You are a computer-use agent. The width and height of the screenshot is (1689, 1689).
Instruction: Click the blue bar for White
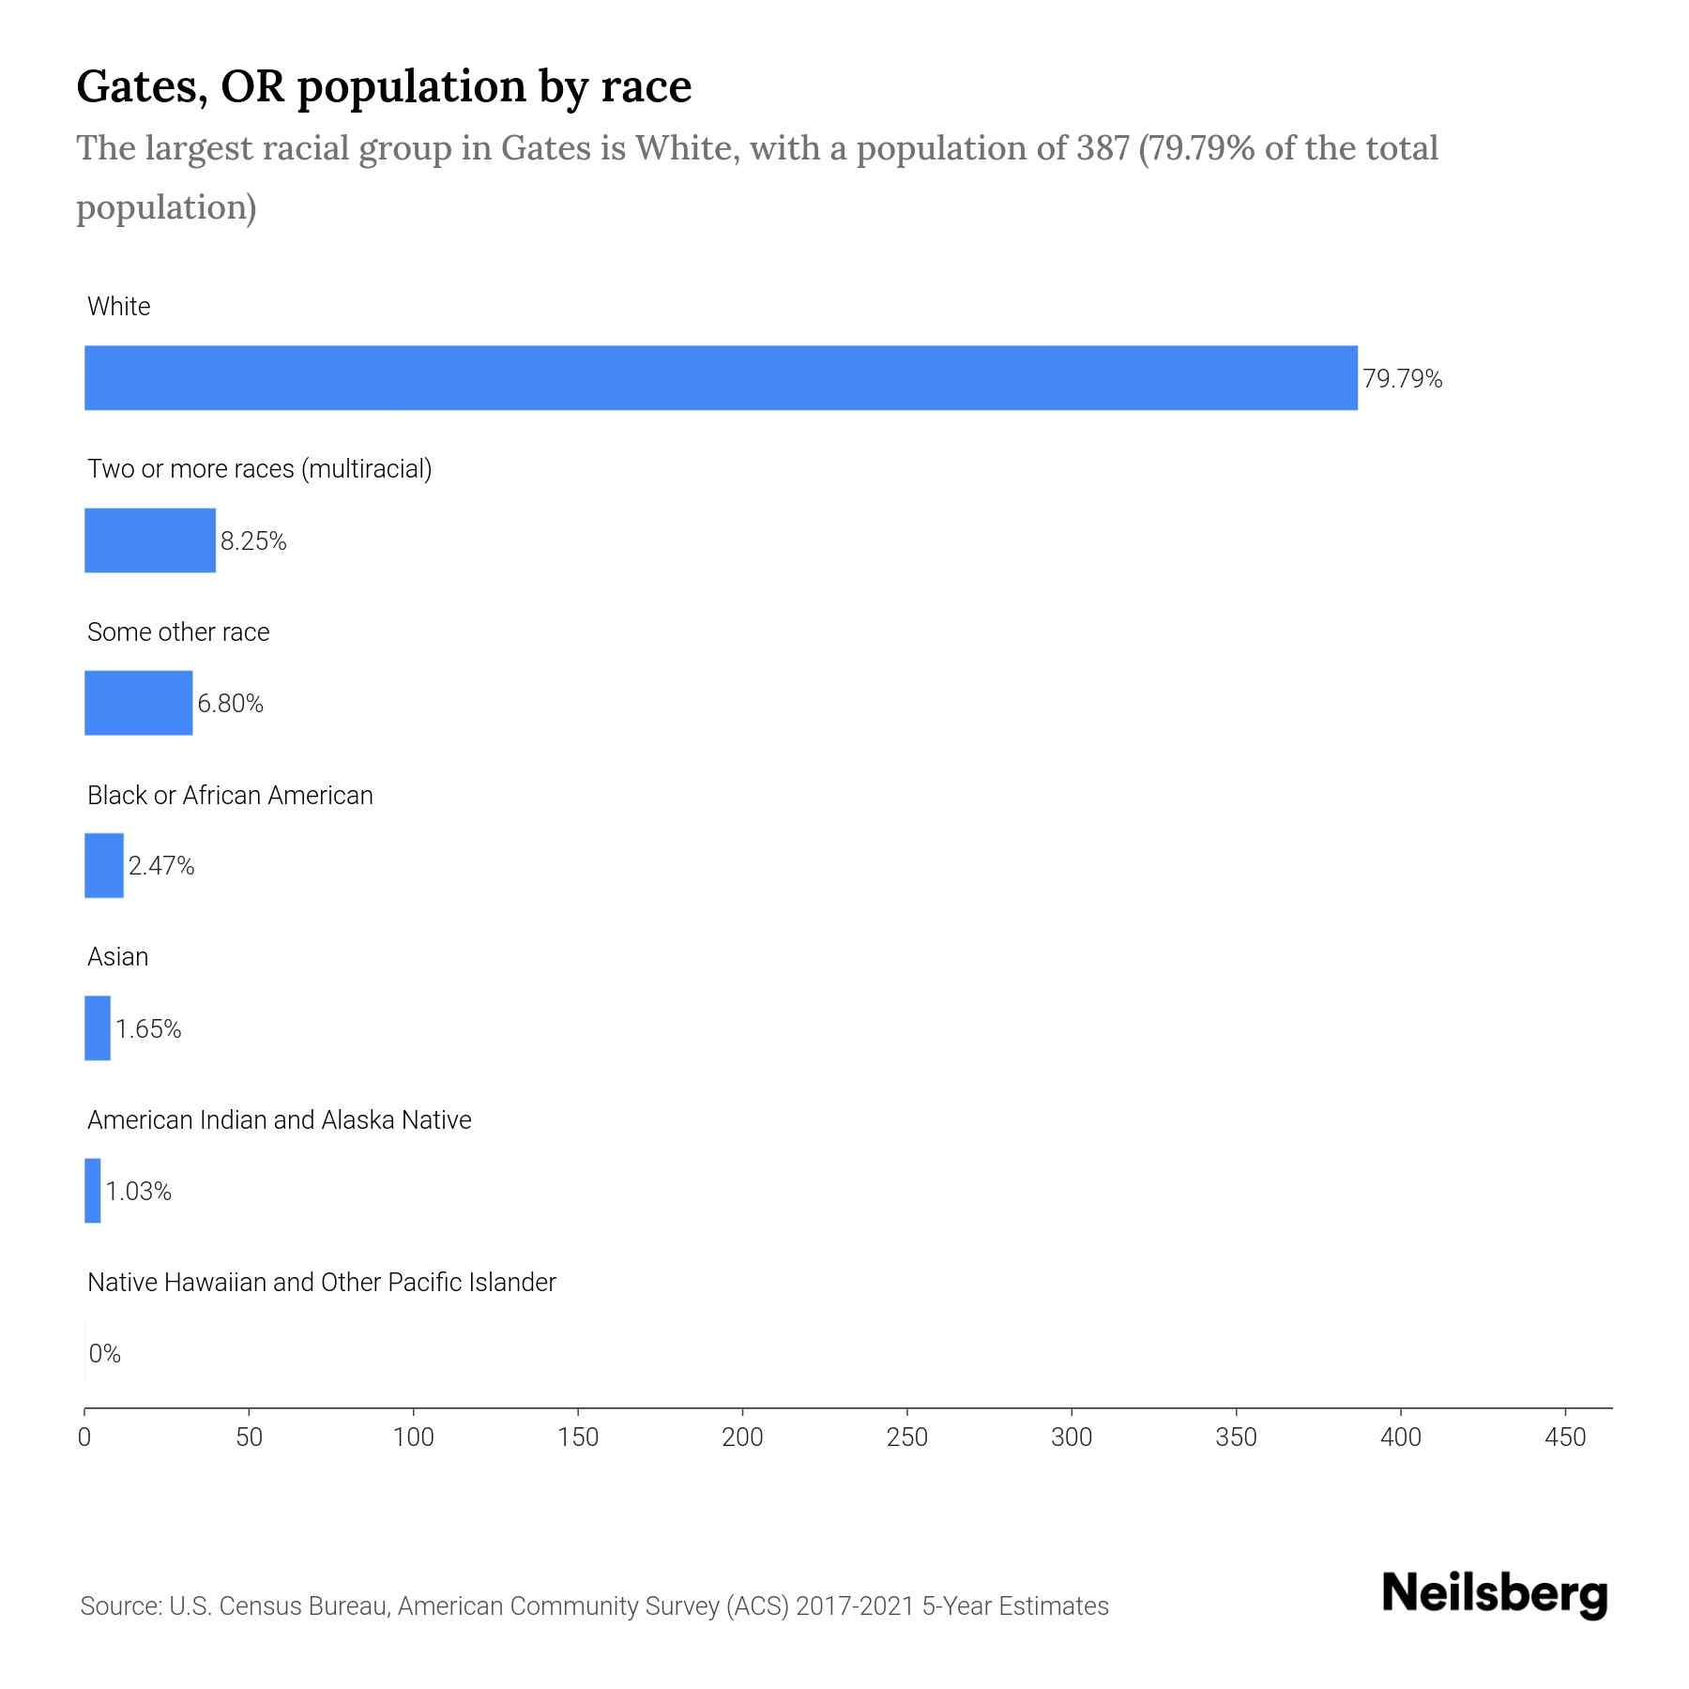721,377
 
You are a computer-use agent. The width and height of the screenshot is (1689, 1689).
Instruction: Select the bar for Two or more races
150,540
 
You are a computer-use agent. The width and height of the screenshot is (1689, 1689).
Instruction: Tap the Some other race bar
138,703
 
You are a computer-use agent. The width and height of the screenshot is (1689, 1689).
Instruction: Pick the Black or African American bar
104,865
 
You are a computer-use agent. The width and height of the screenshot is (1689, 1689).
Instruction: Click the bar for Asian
98,1028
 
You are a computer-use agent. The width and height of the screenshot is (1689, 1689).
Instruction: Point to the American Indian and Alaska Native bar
93,1191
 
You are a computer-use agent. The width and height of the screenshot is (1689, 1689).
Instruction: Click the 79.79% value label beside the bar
1402,379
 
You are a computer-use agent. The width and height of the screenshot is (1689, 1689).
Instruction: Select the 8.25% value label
253,541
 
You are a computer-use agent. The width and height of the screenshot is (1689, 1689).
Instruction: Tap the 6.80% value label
230,704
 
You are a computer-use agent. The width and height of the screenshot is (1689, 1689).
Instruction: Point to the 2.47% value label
161,866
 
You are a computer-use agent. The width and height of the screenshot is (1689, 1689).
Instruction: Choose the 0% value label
105,1354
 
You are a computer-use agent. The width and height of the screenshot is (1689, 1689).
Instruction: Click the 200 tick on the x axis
742,1438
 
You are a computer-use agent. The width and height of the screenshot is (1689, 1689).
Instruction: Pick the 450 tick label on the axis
1564,1438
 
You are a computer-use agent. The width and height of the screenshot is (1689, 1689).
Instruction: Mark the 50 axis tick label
249,1438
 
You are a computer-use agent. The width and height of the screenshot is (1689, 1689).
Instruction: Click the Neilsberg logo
1495,1594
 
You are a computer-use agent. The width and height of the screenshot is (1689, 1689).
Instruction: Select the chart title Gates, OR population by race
384,86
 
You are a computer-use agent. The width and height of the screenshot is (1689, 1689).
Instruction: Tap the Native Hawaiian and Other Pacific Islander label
321,1283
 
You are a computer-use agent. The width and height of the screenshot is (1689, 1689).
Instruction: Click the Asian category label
118,957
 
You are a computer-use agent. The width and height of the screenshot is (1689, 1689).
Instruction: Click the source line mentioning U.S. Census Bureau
594,1606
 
